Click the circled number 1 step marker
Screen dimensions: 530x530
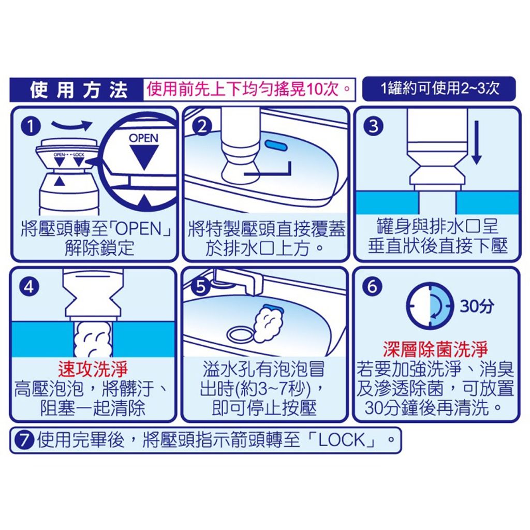pyautogui.click(x=31, y=127)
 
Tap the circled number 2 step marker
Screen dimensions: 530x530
pyautogui.click(x=202, y=126)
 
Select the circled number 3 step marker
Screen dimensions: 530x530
pyautogui.click(x=373, y=126)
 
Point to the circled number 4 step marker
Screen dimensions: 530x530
pyautogui.click(x=29, y=287)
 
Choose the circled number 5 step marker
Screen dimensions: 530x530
pyautogui.click(x=201, y=287)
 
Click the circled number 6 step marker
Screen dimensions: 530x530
pyautogui.click(x=372, y=287)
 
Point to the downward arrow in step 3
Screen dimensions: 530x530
pyautogui.click(x=477, y=143)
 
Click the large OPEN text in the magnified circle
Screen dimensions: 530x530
pyautogui.click(x=144, y=138)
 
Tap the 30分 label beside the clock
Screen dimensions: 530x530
pyautogui.click(x=477, y=306)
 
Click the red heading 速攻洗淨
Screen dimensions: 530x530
pyautogui.click(x=93, y=369)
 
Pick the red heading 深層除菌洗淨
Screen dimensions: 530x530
pyautogui.click(x=435, y=349)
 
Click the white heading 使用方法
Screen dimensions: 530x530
pyautogui.click(x=79, y=90)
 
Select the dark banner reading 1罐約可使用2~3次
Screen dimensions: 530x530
pyautogui.click(x=439, y=89)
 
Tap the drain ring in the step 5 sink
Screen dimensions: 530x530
pyautogui.click(x=240, y=335)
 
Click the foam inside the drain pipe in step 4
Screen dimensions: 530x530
pyautogui.click(x=93, y=340)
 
